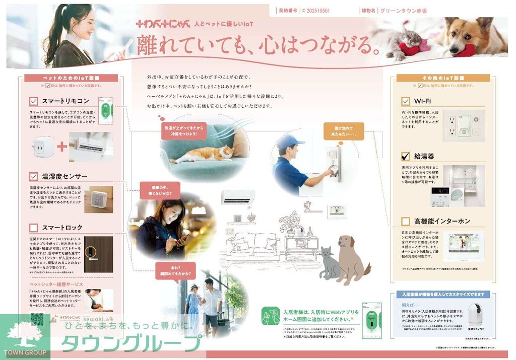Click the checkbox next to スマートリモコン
point(34,101)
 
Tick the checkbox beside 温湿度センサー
point(34,176)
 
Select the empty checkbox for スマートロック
point(34,228)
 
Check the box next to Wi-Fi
point(405,101)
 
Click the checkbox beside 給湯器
point(405,156)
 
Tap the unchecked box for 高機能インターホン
point(405,221)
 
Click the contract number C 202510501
point(316,10)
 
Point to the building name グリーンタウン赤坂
point(404,10)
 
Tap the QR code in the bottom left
point(37,321)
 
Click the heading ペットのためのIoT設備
point(71,78)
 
